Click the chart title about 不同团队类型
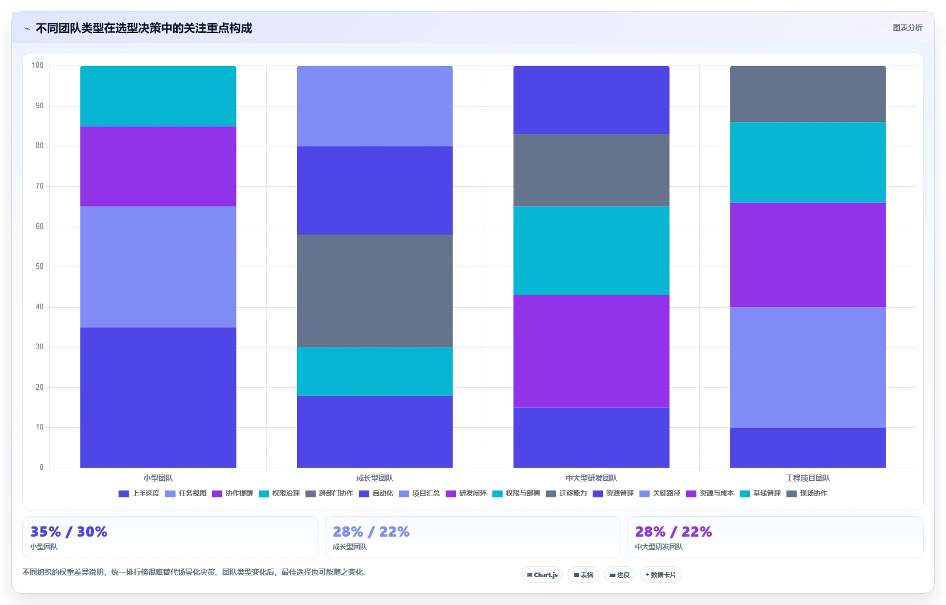click(x=144, y=28)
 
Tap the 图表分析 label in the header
click(x=907, y=28)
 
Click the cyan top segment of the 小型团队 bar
click(x=158, y=96)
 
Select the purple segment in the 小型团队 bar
click(x=158, y=166)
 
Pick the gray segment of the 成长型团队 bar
click(x=374, y=291)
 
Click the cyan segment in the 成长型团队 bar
click(x=374, y=371)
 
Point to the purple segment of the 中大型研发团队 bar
click(x=592, y=351)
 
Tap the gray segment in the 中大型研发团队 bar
click(x=592, y=170)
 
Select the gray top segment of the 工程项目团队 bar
click(x=808, y=94)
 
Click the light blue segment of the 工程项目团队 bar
click(x=808, y=367)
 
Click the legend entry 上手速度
click(x=139, y=493)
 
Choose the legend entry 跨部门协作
click(x=329, y=493)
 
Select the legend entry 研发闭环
click(x=466, y=493)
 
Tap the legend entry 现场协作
click(x=806, y=493)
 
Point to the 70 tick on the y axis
click(x=39, y=186)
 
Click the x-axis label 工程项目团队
click(x=808, y=478)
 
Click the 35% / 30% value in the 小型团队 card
click(x=69, y=532)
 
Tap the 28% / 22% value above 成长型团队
click(x=371, y=532)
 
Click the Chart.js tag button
click(x=543, y=575)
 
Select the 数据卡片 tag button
click(x=661, y=575)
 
